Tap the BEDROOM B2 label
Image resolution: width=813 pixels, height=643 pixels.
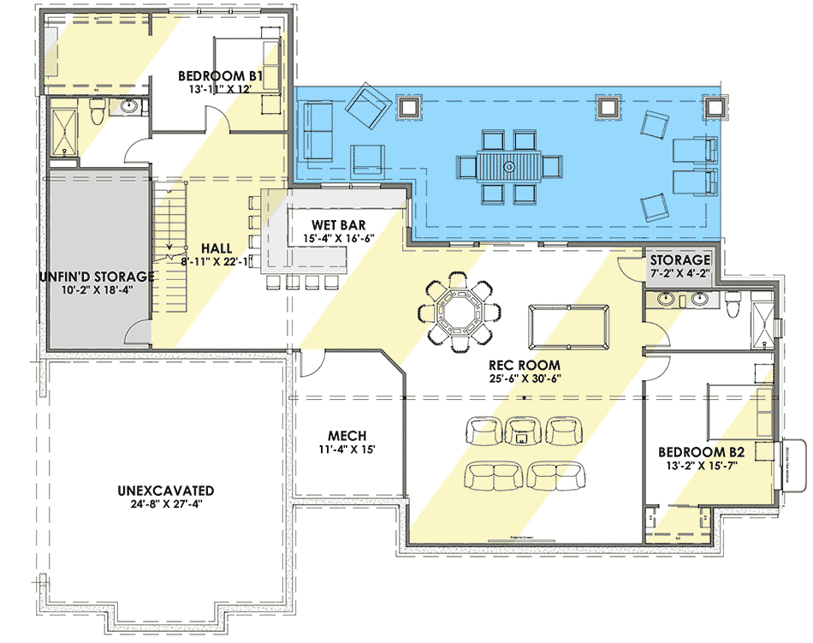(x=701, y=451)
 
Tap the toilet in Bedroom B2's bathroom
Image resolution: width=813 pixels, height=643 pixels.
(x=733, y=302)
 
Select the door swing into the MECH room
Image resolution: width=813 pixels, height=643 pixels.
(x=310, y=366)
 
